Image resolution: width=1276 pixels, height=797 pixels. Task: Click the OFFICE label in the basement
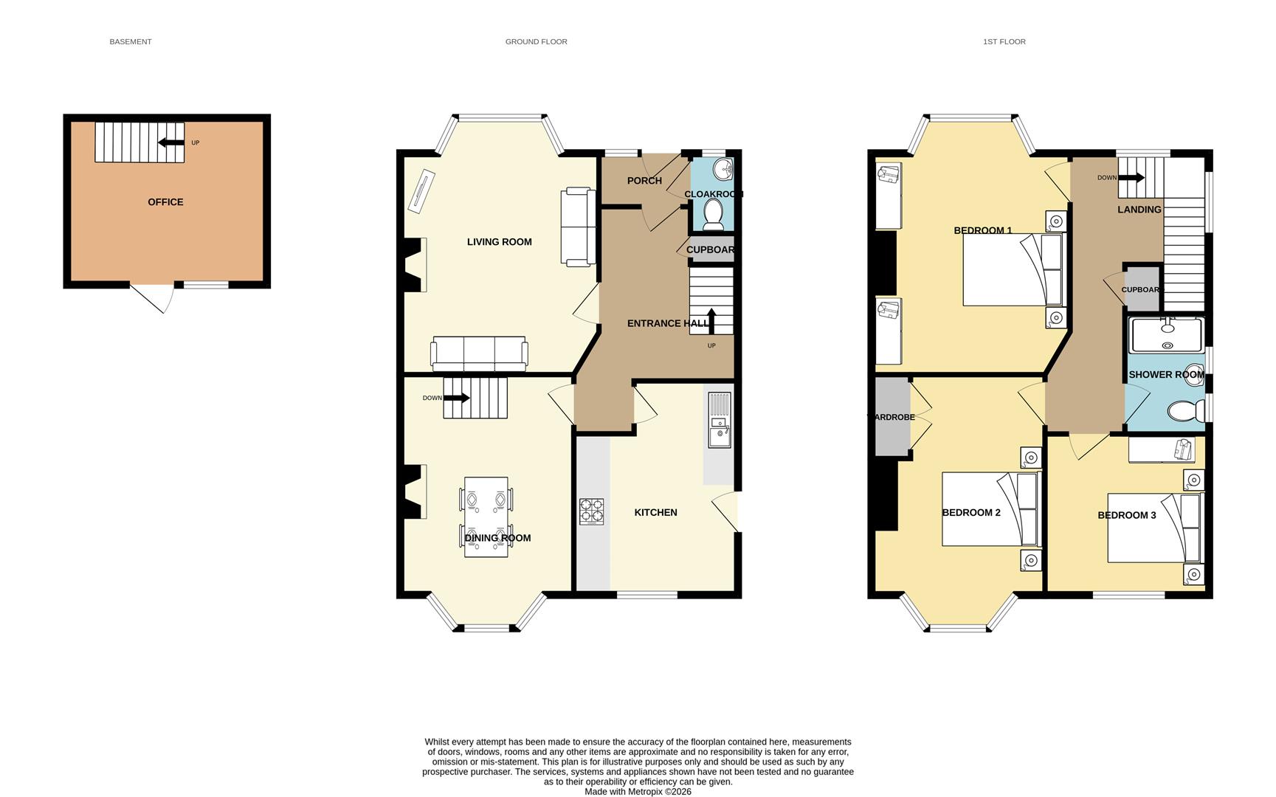(165, 202)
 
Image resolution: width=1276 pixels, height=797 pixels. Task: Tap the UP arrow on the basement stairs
(171, 143)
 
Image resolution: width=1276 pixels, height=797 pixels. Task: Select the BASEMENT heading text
(131, 42)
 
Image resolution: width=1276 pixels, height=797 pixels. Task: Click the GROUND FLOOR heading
(536, 42)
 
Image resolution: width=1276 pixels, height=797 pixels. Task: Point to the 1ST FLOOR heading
(1004, 42)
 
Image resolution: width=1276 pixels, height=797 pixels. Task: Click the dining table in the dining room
(486, 517)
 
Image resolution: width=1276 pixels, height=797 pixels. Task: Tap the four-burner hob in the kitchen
(591, 511)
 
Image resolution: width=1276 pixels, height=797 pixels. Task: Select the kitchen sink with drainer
(719, 420)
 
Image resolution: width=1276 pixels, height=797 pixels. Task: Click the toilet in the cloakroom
(713, 213)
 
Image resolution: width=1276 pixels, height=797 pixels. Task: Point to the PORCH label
(644, 181)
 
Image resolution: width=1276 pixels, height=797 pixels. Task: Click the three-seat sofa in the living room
(479, 353)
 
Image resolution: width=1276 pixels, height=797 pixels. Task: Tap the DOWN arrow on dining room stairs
(456, 398)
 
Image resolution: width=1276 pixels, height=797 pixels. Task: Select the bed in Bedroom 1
(1013, 269)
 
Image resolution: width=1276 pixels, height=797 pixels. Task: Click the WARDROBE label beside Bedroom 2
(892, 418)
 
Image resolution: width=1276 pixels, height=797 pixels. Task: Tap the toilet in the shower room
(1184, 411)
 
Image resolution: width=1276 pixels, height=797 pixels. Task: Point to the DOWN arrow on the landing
(1131, 178)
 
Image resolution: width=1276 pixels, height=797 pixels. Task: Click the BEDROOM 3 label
(1126, 515)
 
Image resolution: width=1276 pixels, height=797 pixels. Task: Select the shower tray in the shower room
(1166, 336)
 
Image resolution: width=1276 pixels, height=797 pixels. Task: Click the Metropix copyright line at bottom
(638, 792)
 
